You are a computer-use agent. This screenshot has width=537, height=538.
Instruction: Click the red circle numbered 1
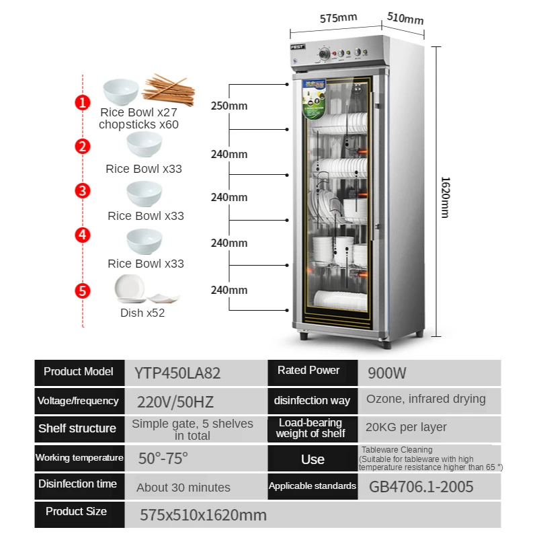(83, 102)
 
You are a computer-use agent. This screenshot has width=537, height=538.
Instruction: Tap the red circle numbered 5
(83, 291)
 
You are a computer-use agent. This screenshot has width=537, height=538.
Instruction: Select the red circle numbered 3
(83, 191)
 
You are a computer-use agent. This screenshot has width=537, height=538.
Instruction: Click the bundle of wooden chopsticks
(169, 91)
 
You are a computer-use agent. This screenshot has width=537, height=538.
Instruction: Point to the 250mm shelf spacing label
(229, 106)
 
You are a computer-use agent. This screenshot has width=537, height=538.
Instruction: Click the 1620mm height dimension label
(445, 197)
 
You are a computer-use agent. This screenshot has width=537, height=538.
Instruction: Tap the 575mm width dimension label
(339, 18)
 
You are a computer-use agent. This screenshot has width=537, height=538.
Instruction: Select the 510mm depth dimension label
(405, 18)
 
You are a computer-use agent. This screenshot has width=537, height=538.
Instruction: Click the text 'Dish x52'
(142, 313)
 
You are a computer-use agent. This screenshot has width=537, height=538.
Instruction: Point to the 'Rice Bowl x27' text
(138, 112)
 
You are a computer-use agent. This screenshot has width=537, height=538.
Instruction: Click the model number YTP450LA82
(177, 373)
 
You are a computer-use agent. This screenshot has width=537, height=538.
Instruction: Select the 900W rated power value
(387, 373)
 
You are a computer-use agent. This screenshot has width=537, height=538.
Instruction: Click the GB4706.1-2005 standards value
(421, 487)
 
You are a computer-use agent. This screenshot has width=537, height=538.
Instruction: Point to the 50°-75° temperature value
(163, 459)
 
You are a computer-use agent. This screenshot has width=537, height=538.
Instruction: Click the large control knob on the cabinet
(324, 54)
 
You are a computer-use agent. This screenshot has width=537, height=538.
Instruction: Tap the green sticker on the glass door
(314, 100)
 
